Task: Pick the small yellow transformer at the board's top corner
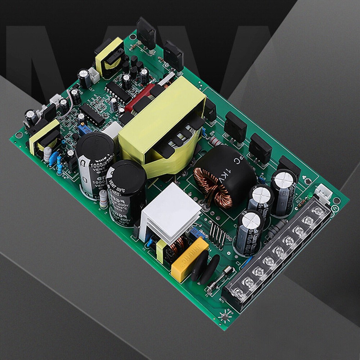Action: point(109,58)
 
